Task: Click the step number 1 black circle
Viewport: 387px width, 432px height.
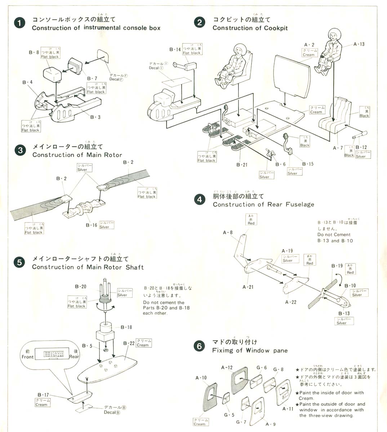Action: click(19, 23)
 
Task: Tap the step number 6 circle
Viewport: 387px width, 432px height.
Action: click(199, 346)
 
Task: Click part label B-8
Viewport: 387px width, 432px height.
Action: click(34, 52)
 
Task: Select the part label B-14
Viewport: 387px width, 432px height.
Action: click(175, 49)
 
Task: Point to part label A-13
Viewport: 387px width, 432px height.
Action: click(359, 44)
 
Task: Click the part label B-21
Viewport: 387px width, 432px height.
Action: click(242, 165)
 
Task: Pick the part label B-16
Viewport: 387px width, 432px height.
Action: click(92, 225)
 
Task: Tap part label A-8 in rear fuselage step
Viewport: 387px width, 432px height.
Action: click(228, 233)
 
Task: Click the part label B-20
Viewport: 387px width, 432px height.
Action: click(81, 287)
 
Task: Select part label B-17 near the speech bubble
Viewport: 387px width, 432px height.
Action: click(43, 395)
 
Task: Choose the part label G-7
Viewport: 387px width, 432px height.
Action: click(241, 422)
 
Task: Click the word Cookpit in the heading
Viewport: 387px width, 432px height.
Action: click(276, 28)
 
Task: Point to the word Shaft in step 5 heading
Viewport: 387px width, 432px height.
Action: click(134, 267)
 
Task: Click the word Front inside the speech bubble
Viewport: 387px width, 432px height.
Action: click(27, 357)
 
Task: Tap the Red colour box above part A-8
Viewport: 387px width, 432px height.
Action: click(251, 220)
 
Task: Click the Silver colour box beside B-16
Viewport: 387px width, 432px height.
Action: click(106, 225)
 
